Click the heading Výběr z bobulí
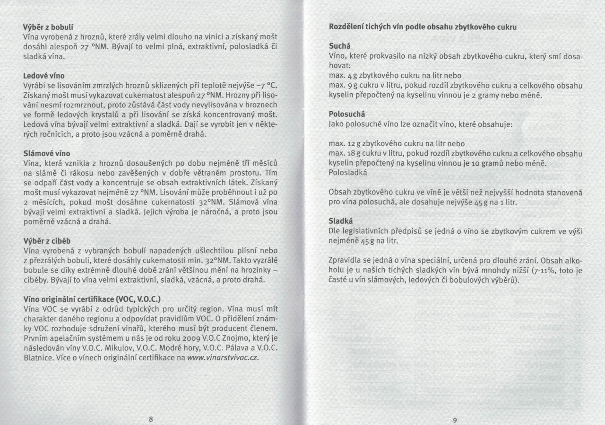click(x=48, y=27)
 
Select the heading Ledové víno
click(x=44, y=76)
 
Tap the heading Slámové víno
click(x=47, y=154)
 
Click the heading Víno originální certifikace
click(x=92, y=299)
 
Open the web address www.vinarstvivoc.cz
click(x=223, y=358)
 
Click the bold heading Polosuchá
click(x=347, y=114)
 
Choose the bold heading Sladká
click(x=341, y=221)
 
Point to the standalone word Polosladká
click(x=348, y=173)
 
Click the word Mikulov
click(x=132, y=348)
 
